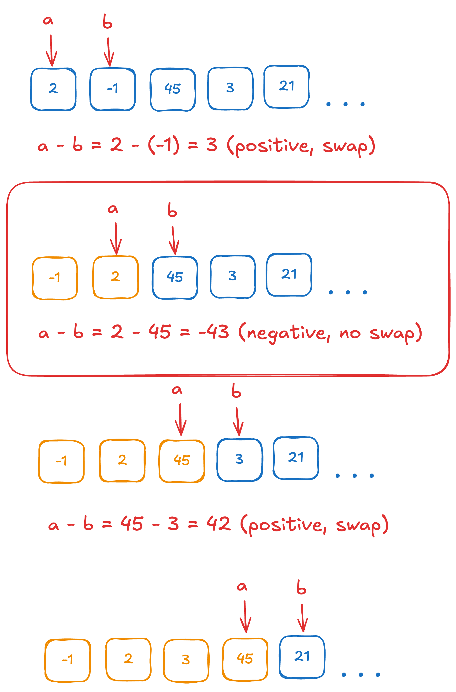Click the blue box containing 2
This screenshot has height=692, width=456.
click(x=53, y=89)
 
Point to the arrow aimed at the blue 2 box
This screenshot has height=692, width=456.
click(x=51, y=51)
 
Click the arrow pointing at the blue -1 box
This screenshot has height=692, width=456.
click(x=109, y=52)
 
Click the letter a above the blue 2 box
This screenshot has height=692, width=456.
click(x=48, y=20)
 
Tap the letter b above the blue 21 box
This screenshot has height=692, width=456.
click(x=301, y=587)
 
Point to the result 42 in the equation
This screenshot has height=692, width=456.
click(x=219, y=523)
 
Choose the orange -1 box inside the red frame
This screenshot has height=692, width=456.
click(x=55, y=278)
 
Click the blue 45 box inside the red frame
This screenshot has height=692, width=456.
click(x=175, y=278)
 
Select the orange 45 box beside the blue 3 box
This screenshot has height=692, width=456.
click(x=182, y=461)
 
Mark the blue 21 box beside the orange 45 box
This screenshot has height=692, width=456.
click(x=302, y=657)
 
